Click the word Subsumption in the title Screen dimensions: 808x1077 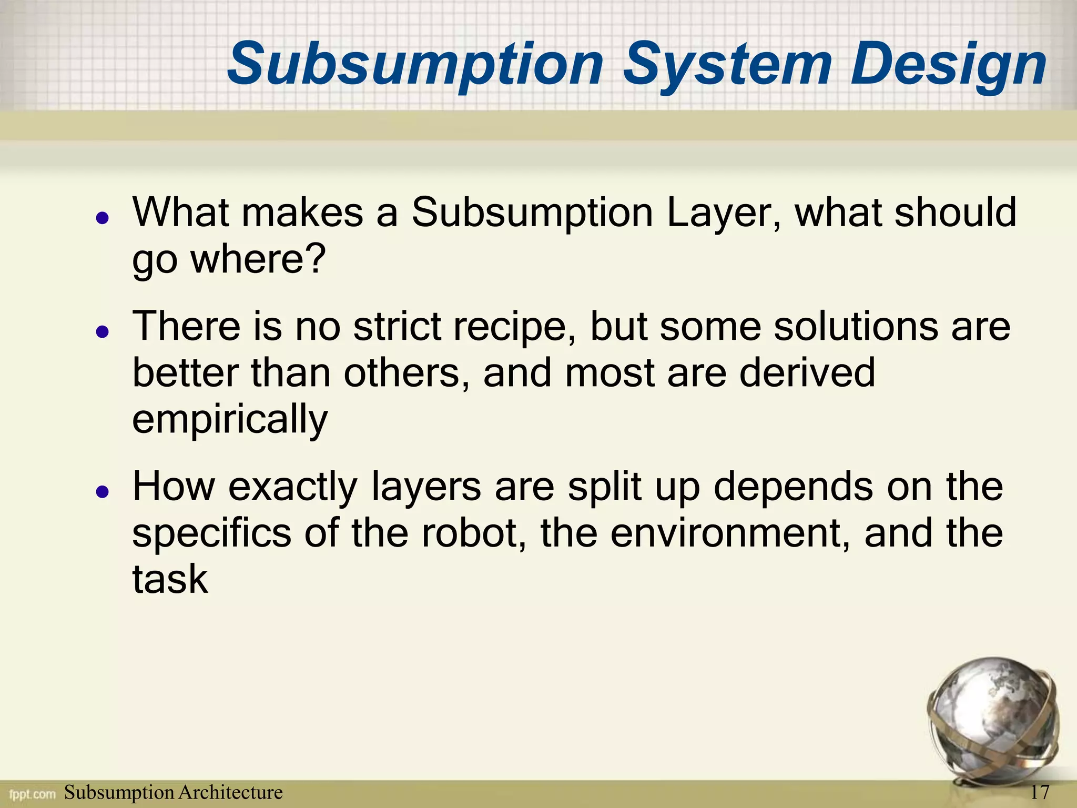pyautogui.click(x=415, y=65)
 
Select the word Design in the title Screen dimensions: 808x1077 pyautogui.click(x=948, y=65)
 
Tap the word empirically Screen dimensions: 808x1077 pyautogui.click(x=230, y=419)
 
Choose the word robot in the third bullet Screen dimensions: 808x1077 pyautogui.click(x=473, y=532)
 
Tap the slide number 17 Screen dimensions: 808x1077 pyautogui.click(x=1040, y=792)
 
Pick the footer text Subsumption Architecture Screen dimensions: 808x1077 pyautogui.click(x=173, y=792)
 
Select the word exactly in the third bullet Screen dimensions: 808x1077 pyautogui.click(x=292, y=487)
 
